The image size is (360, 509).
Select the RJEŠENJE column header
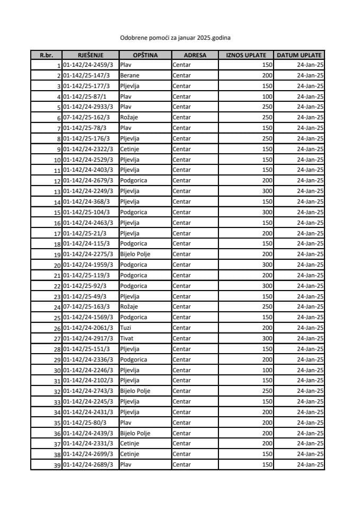pyautogui.click(x=90, y=55)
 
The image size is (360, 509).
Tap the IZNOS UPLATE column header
pyautogui.click(x=246, y=55)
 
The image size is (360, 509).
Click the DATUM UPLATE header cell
pyautogui.click(x=299, y=55)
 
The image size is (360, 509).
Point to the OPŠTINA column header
pyautogui.click(x=145, y=55)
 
